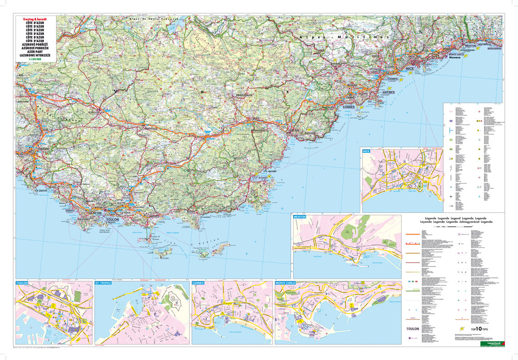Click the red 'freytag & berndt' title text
tap(31, 19)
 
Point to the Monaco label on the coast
tap(453, 58)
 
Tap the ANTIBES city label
tap(388, 92)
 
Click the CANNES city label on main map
tap(349, 107)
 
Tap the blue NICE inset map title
tap(367, 151)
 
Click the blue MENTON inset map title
tap(300, 216)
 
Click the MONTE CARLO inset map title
tap(286, 282)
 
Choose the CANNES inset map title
tap(199, 282)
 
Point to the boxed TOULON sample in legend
tap(412, 329)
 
